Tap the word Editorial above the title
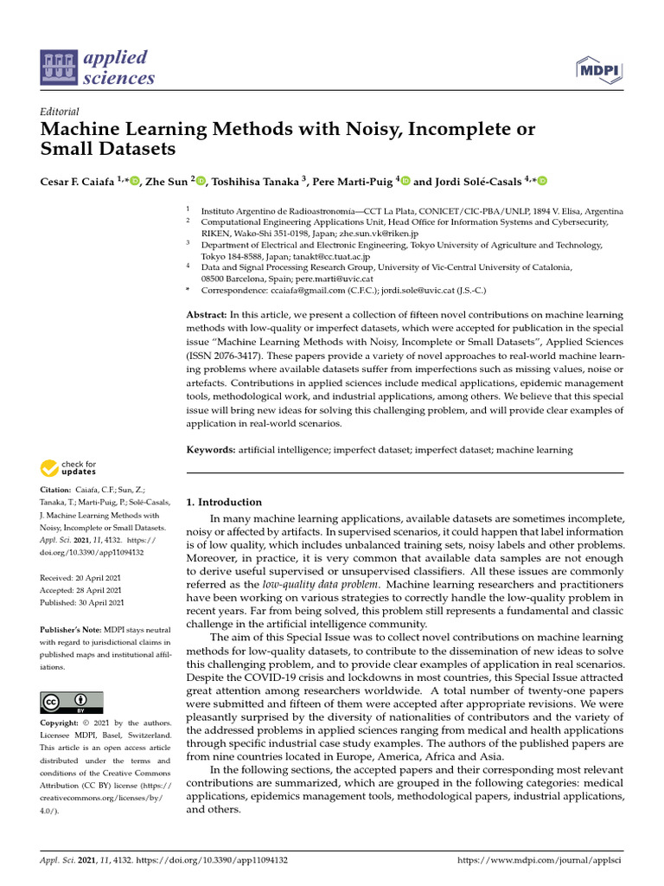60,112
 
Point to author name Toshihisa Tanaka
256,181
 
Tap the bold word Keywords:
211,450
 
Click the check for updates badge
68,469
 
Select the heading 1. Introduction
224,502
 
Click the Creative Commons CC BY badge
72,702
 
